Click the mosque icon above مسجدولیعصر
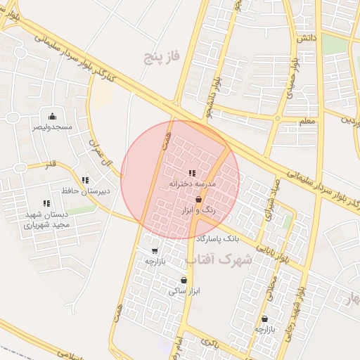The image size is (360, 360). [52, 117]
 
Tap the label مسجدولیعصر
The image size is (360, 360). [51, 127]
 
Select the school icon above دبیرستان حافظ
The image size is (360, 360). [85, 180]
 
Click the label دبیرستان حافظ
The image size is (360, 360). [86, 191]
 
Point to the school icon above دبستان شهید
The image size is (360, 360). [46, 204]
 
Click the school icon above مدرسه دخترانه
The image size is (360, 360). [191, 173]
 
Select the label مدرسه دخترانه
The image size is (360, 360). [191, 184]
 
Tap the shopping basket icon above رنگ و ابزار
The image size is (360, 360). [200, 200]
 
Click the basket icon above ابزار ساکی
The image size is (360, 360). [184, 280]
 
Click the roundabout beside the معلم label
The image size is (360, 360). [278, 119]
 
